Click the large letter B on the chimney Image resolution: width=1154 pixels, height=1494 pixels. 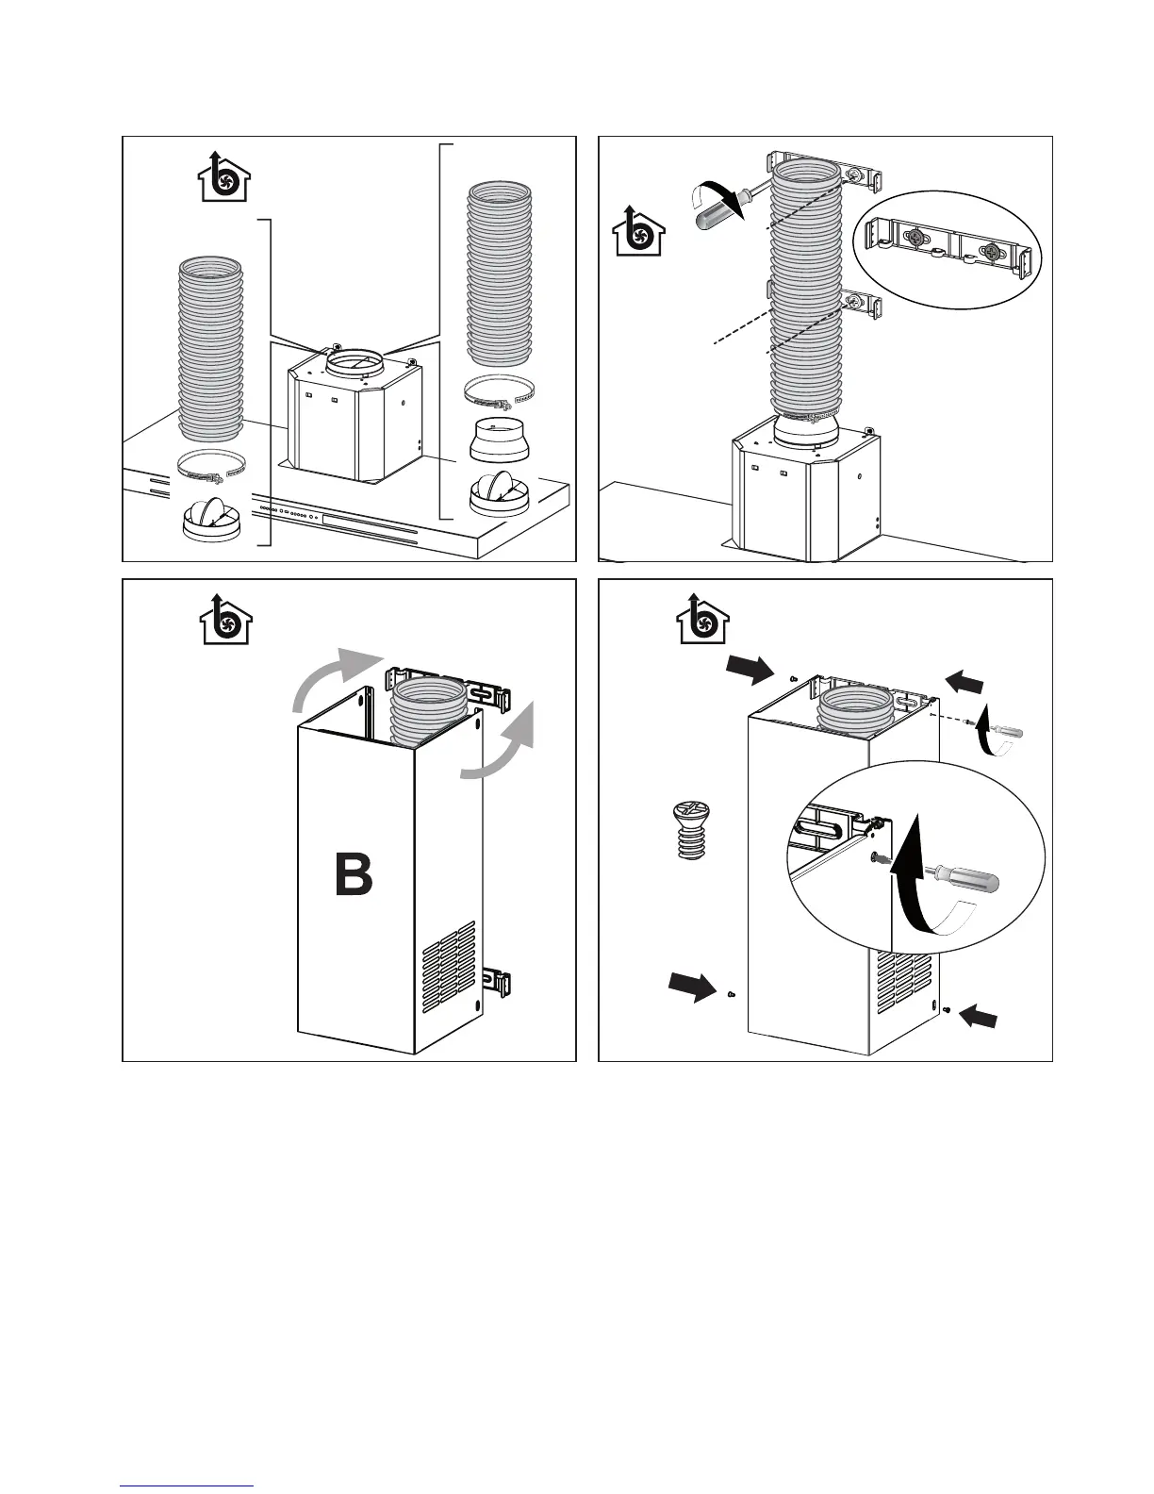tap(354, 874)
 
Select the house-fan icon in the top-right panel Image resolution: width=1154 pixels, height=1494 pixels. tap(638, 230)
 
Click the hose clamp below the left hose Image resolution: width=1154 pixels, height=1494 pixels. tap(211, 463)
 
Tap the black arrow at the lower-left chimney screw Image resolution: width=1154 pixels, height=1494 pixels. tap(692, 987)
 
